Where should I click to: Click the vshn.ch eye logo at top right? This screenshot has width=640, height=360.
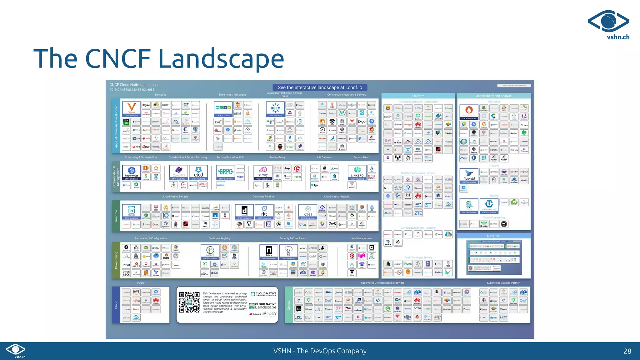point(608,21)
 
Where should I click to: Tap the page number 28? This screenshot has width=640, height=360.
point(627,351)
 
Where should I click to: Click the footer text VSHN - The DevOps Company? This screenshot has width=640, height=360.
point(320,351)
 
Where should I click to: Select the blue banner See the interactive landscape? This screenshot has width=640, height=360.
point(320,87)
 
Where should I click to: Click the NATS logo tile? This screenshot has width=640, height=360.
point(223,108)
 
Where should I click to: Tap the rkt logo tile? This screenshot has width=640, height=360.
point(264,212)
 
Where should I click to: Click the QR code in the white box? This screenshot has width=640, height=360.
point(189,302)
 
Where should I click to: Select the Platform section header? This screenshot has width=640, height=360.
point(418,96)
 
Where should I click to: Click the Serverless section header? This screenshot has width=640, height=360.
point(494,236)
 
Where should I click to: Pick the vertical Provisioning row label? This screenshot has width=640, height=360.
point(116,260)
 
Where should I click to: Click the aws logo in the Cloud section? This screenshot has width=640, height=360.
point(136,292)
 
